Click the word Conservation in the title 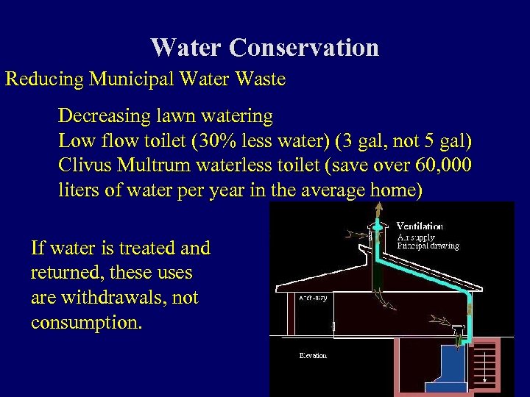click(303, 48)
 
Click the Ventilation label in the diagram click(420, 226)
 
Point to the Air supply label click(416, 237)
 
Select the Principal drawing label click(428, 246)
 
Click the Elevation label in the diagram click(313, 356)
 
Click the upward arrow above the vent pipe click(379, 212)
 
